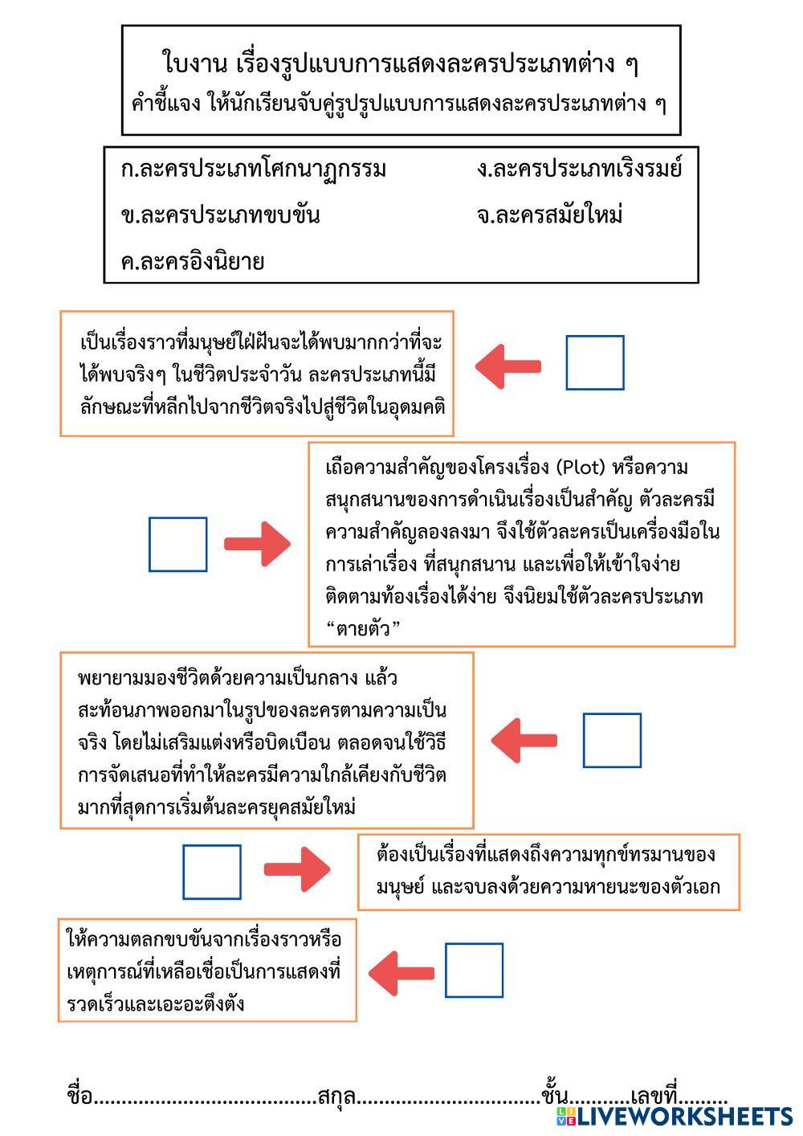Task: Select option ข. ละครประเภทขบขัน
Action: point(220,215)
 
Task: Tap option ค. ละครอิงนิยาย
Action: point(193,262)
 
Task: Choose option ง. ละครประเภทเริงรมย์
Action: point(579,170)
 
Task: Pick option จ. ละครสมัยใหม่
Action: point(549,215)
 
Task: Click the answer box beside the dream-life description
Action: point(595,363)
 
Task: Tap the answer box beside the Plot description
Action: point(178,545)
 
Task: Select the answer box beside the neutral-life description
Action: point(612,740)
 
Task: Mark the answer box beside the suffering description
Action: point(212,872)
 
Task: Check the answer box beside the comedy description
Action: point(475,971)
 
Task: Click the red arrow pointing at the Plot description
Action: point(257,545)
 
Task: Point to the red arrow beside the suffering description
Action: point(297,869)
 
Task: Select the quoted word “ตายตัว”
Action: point(364,628)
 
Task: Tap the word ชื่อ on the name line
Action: point(79,1097)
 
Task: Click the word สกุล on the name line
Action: point(336,1097)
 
